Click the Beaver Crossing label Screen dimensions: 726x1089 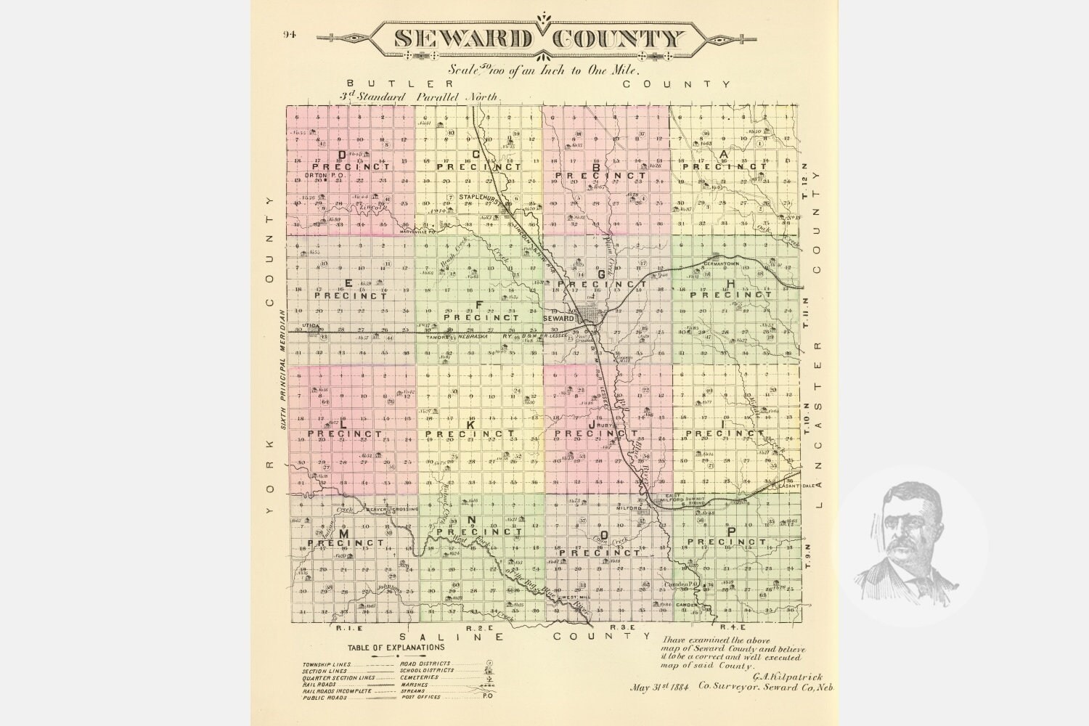point(392,510)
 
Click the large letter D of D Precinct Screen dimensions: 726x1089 point(341,155)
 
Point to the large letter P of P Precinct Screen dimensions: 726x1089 point(731,531)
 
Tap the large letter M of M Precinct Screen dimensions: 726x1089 point(343,534)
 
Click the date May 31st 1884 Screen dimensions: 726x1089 point(659,687)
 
